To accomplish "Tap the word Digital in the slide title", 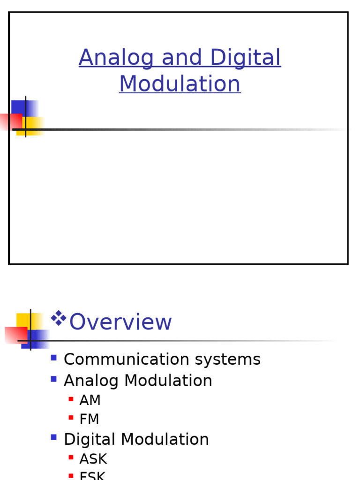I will [x=245, y=58].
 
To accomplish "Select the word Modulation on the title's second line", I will [x=180, y=84].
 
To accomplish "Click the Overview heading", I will [x=120, y=322].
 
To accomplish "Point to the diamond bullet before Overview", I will [x=58, y=318].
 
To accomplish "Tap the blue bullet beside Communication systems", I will [x=53, y=358].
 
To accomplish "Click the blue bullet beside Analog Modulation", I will [x=53, y=379].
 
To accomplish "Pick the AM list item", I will [x=90, y=400].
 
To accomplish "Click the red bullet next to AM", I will [x=71, y=399].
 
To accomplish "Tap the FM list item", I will [x=89, y=419].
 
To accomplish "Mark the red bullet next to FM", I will [x=71, y=418].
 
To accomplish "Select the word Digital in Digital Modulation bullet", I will [x=90, y=439].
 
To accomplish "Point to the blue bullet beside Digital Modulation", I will [x=53, y=437].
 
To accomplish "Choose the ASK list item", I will [x=93, y=459].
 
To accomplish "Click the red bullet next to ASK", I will [x=71, y=457].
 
